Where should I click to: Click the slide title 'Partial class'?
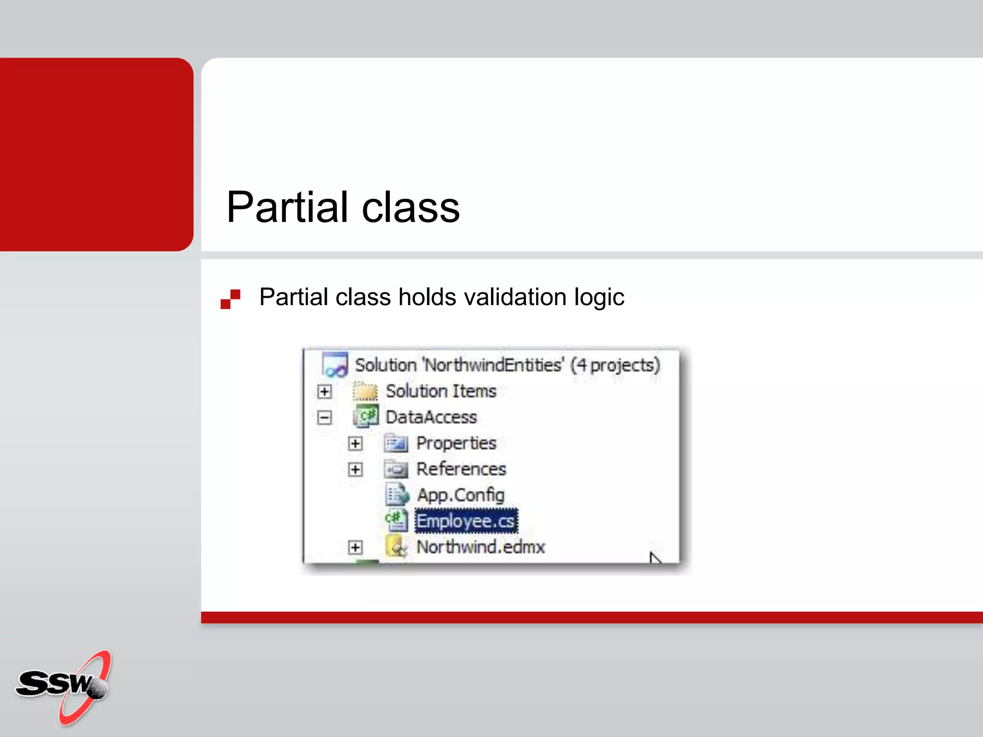343,207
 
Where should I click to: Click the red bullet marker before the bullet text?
230,299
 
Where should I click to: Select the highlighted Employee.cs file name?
466,521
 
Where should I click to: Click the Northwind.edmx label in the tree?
480,547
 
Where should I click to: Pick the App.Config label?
460,495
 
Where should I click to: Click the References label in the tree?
461,469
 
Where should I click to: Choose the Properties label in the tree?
456,443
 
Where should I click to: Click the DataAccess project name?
431,417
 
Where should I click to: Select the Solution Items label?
441,391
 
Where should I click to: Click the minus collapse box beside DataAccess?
324,417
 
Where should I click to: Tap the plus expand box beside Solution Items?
324,392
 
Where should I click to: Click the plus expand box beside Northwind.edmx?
355,547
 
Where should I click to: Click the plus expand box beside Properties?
355,443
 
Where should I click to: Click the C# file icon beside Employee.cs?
396,520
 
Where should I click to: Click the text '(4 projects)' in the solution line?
615,365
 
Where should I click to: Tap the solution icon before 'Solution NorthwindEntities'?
335,365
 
